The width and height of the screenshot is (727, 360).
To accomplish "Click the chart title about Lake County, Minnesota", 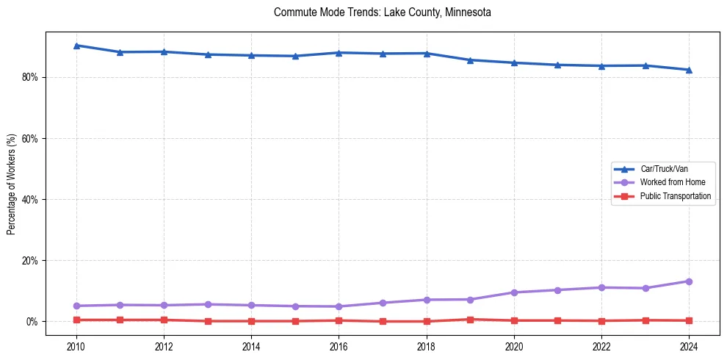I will [x=382, y=12].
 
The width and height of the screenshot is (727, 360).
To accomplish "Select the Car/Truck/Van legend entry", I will [x=664, y=169].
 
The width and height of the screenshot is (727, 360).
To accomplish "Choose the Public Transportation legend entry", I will [x=675, y=196].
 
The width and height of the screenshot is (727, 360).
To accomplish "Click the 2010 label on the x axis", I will [x=76, y=346].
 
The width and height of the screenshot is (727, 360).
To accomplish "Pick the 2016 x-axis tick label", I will [x=339, y=346].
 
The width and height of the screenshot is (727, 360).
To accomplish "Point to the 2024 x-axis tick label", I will [x=689, y=346].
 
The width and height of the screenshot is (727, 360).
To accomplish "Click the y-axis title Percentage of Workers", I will [x=12, y=184].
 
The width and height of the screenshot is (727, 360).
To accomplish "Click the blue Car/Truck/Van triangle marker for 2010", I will [x=76, y=46].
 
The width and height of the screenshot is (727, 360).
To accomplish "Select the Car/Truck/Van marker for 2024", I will [x=689, y=70].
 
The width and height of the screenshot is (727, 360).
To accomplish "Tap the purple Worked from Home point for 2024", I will [x=689, y=281].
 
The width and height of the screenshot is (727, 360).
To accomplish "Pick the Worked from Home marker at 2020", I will [x=514, y=292].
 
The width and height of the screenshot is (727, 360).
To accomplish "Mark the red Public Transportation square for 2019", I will [x=470, y=320].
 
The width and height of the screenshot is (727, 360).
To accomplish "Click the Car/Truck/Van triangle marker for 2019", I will [x=470, y=60].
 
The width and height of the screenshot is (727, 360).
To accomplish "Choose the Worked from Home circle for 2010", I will [x=76, y=306].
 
